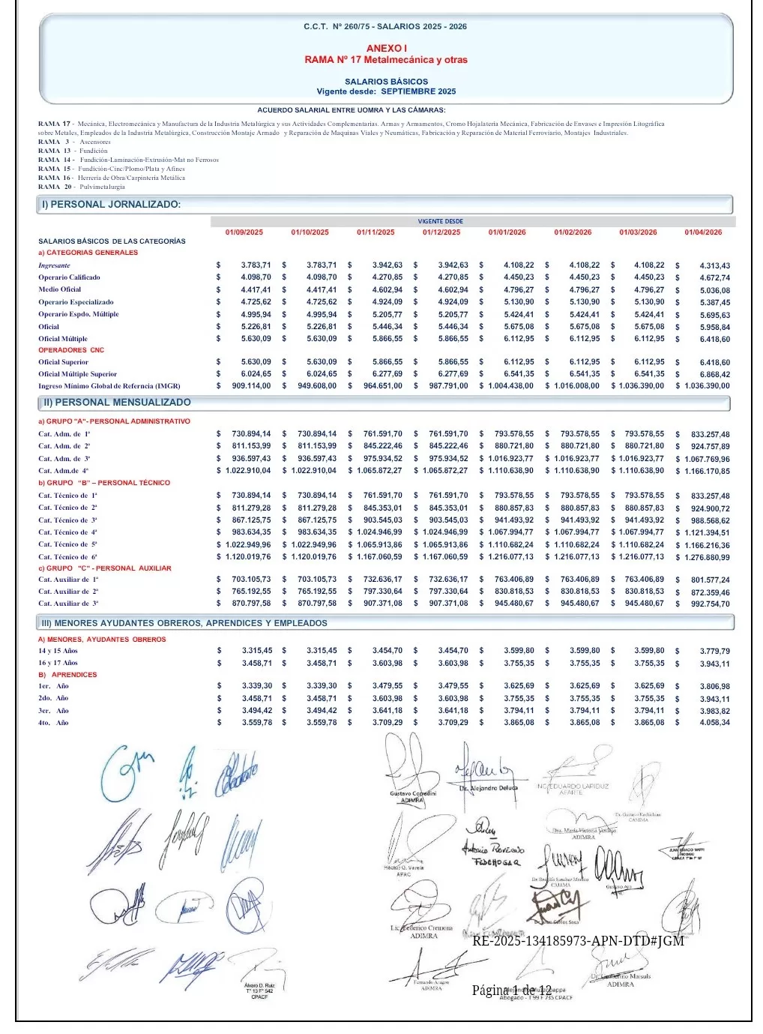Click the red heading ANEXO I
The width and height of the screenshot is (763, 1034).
click(386, 49)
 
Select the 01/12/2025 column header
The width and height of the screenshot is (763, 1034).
click(441, 232)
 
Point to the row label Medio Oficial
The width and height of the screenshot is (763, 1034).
click(60, 289)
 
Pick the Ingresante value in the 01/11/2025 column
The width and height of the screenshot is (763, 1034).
click(387, 265)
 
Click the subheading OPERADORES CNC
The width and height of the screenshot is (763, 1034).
click(71, 350)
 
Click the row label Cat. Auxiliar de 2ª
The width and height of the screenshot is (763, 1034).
click(68, 592)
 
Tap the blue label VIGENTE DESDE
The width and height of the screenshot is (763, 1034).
click(441, 222)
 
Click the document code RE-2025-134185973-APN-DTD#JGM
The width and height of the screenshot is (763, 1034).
click(578, 941)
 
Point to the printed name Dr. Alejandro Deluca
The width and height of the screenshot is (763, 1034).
click(489, 788)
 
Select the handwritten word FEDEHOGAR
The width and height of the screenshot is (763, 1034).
click(496, 862)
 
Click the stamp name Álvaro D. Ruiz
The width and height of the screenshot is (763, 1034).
click(259, 985)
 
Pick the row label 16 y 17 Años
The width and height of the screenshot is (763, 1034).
click(58, 663)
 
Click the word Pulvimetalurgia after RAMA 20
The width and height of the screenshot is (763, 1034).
click(103, 187)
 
